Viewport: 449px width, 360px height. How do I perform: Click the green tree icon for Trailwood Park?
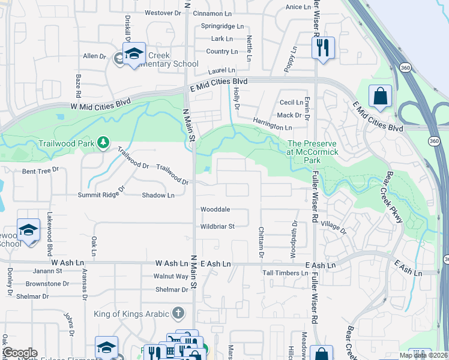coord(104,142)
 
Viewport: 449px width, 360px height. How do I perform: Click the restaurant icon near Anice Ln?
coord(323,47)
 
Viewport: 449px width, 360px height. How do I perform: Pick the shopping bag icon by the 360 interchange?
coord(380,96)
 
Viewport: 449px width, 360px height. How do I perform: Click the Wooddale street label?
coord(215,209)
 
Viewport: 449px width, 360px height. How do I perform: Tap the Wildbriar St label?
coord(217,226)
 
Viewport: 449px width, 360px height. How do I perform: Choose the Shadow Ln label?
coord(158,195)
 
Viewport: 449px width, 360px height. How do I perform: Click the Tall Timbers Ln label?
coord(284,273)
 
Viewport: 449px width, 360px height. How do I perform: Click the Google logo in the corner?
coord(20,353)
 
